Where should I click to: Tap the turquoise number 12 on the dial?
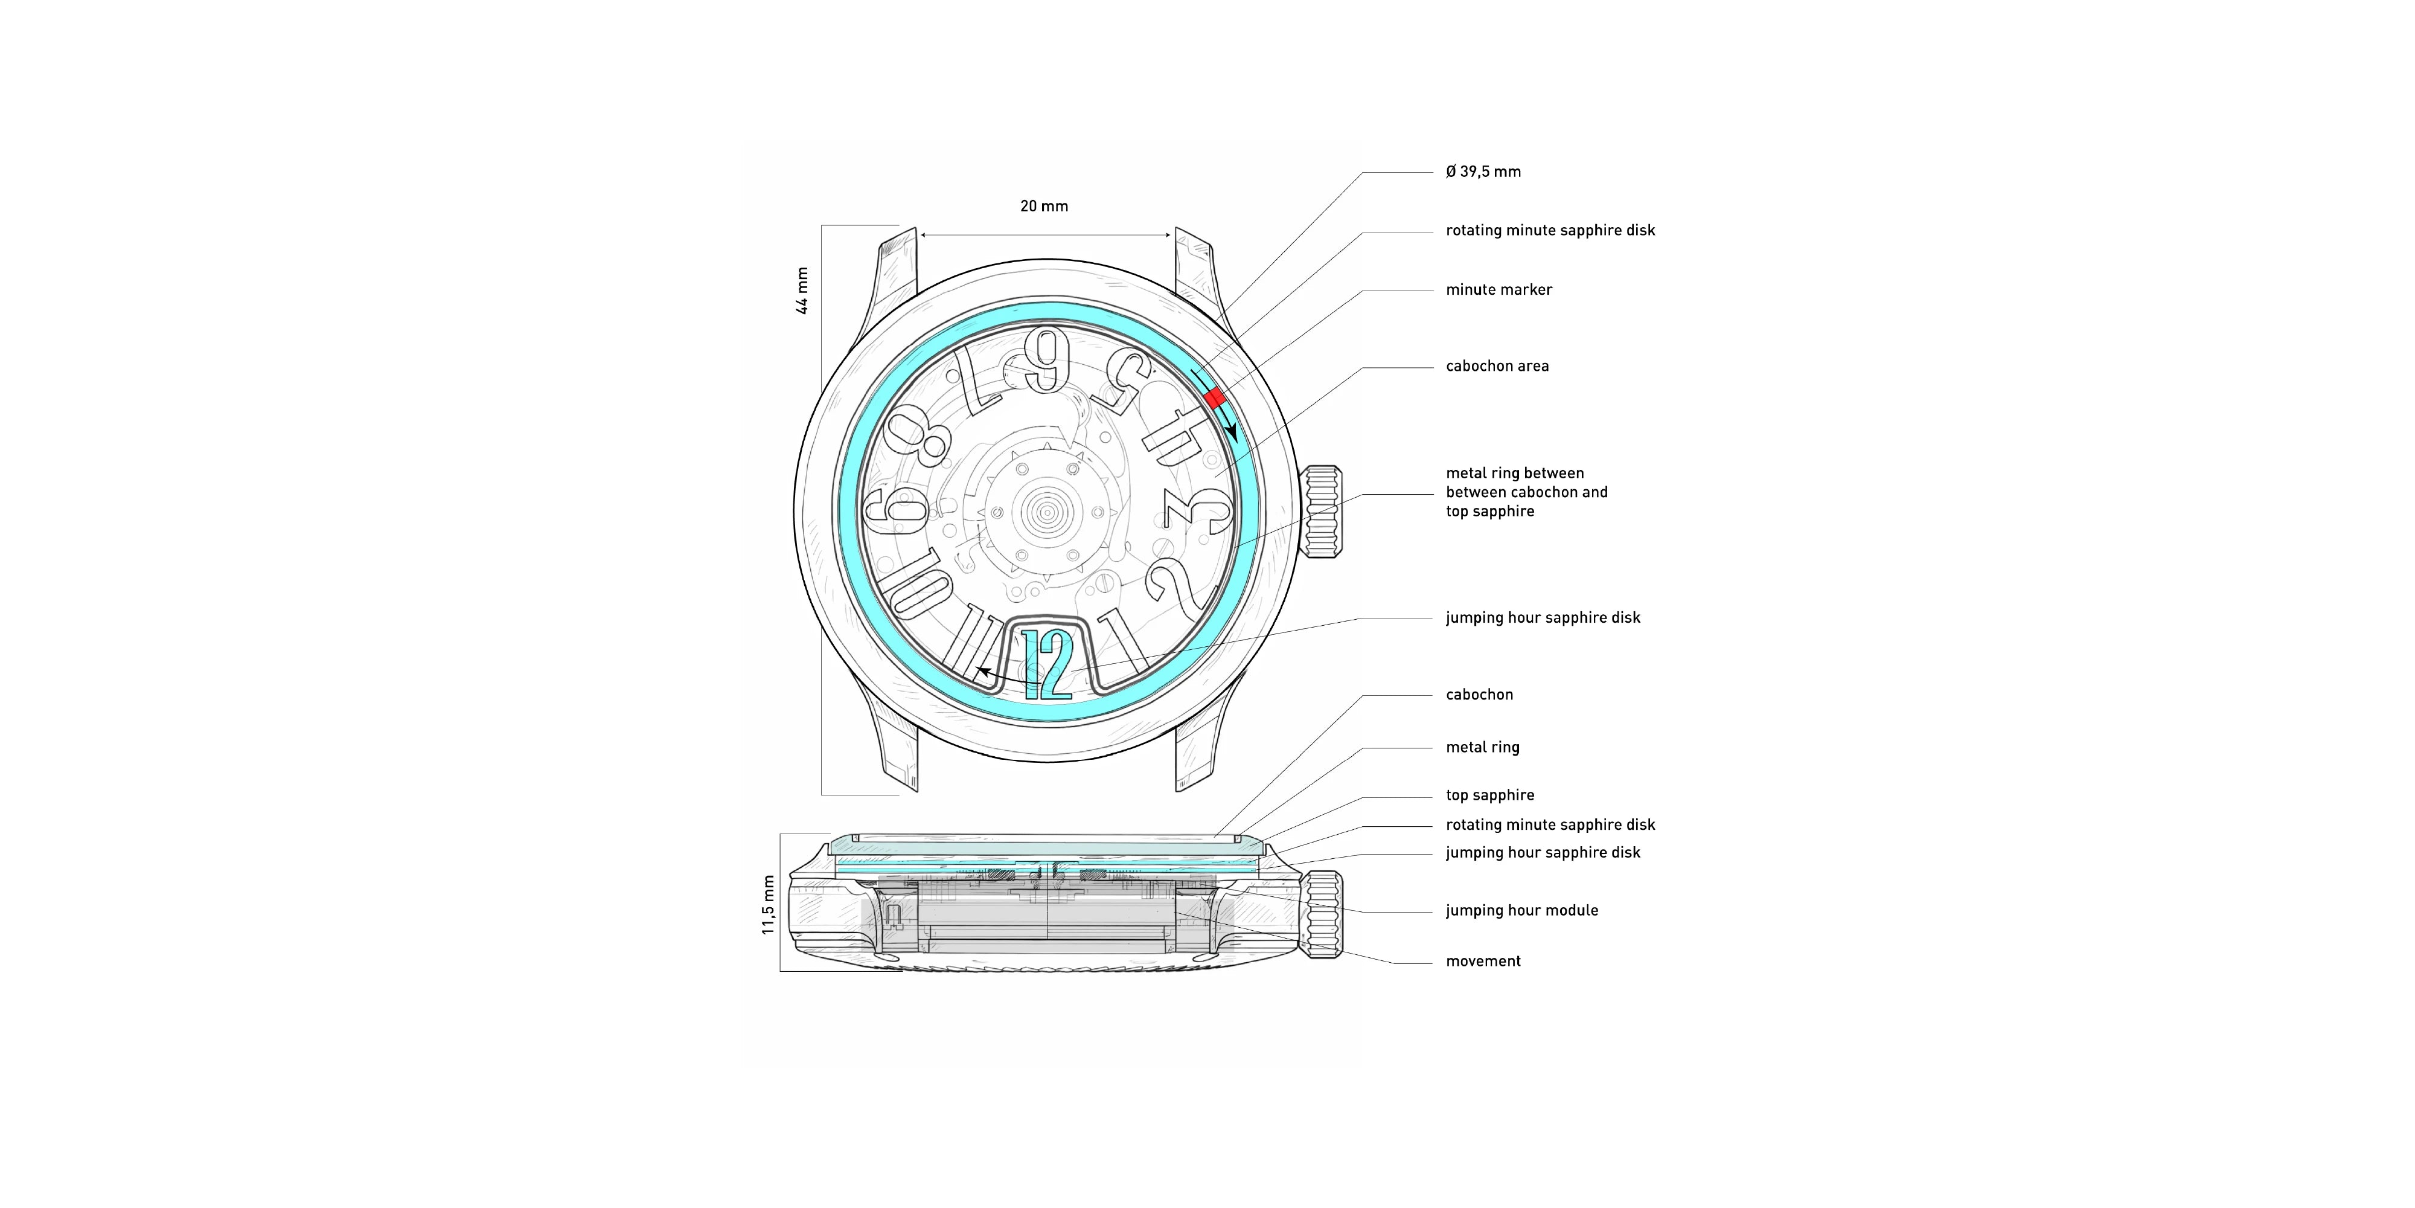click(1047, 665)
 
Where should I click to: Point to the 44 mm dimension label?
click(802, 291)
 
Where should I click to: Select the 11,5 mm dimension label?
click(769, 905)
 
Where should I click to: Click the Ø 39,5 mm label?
click(1483, 172)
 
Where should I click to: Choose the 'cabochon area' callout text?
click(1497, 367)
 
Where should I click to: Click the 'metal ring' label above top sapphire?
click(1482, 748)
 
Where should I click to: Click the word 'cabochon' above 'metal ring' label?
click(1479, 695)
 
